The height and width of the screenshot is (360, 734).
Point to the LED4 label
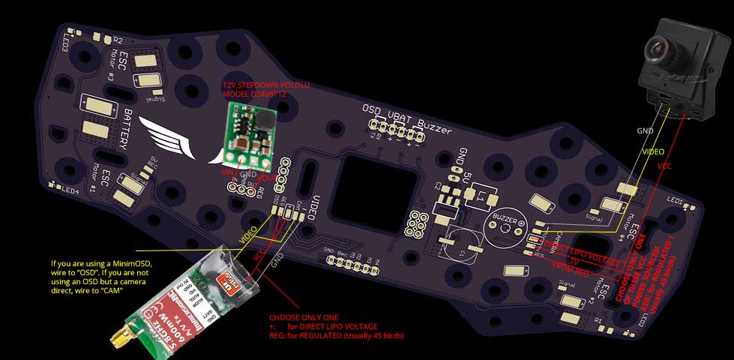pos(70,190)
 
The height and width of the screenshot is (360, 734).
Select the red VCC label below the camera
pos(664,166)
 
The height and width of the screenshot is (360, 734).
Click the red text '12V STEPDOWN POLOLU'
pos(266,86)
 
